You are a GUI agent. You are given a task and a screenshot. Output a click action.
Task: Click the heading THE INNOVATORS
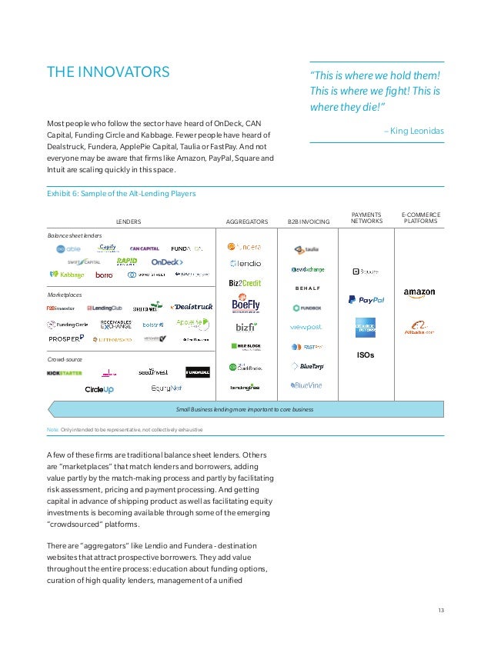click(108, 73)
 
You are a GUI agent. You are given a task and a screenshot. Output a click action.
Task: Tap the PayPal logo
click(366, 299)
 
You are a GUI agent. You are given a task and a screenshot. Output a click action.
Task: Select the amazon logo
click(419, 293)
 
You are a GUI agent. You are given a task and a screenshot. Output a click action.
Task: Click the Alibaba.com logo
click(419, 328)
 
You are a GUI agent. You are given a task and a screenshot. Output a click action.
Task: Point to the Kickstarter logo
click(65, 373)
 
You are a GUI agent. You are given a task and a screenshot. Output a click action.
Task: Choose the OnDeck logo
click(166, 262)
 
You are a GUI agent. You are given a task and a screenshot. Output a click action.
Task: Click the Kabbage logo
click(67, 275)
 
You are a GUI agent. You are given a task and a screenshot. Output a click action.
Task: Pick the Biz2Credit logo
click(245, 283)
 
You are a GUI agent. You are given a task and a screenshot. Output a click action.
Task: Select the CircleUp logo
click(99, 389)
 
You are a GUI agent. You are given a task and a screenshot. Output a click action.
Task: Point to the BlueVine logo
click(306, 385)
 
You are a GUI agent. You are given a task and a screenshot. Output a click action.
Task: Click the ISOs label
click(366, 356)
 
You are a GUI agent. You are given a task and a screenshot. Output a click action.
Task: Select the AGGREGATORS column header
click(246, 222)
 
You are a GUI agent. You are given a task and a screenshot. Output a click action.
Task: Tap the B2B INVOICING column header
click(308, 222)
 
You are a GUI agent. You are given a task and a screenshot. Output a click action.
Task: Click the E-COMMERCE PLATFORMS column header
click(419, 218)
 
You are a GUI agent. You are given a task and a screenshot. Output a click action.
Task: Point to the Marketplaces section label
click(65, 295)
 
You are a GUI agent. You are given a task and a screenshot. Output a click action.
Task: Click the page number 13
click(441, 611)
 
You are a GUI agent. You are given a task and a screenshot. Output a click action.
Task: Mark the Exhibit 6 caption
click(122, 194)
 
